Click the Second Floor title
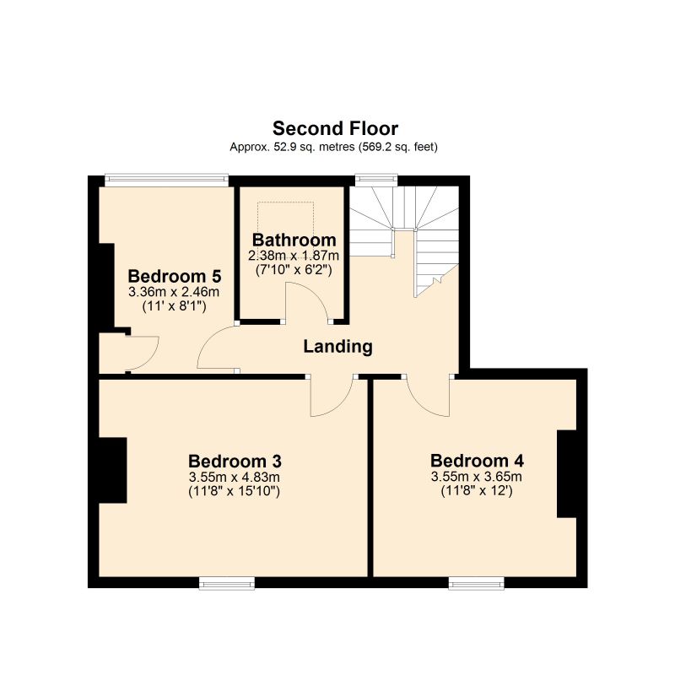[335, 128]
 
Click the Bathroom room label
[294, 240]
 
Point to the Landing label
[337, 346]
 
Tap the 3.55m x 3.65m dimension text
[477, 477]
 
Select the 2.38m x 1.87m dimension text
[294, 256]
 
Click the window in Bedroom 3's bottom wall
[227, 582]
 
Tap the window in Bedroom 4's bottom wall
[476, 582]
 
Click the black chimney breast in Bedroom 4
[565, 473]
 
